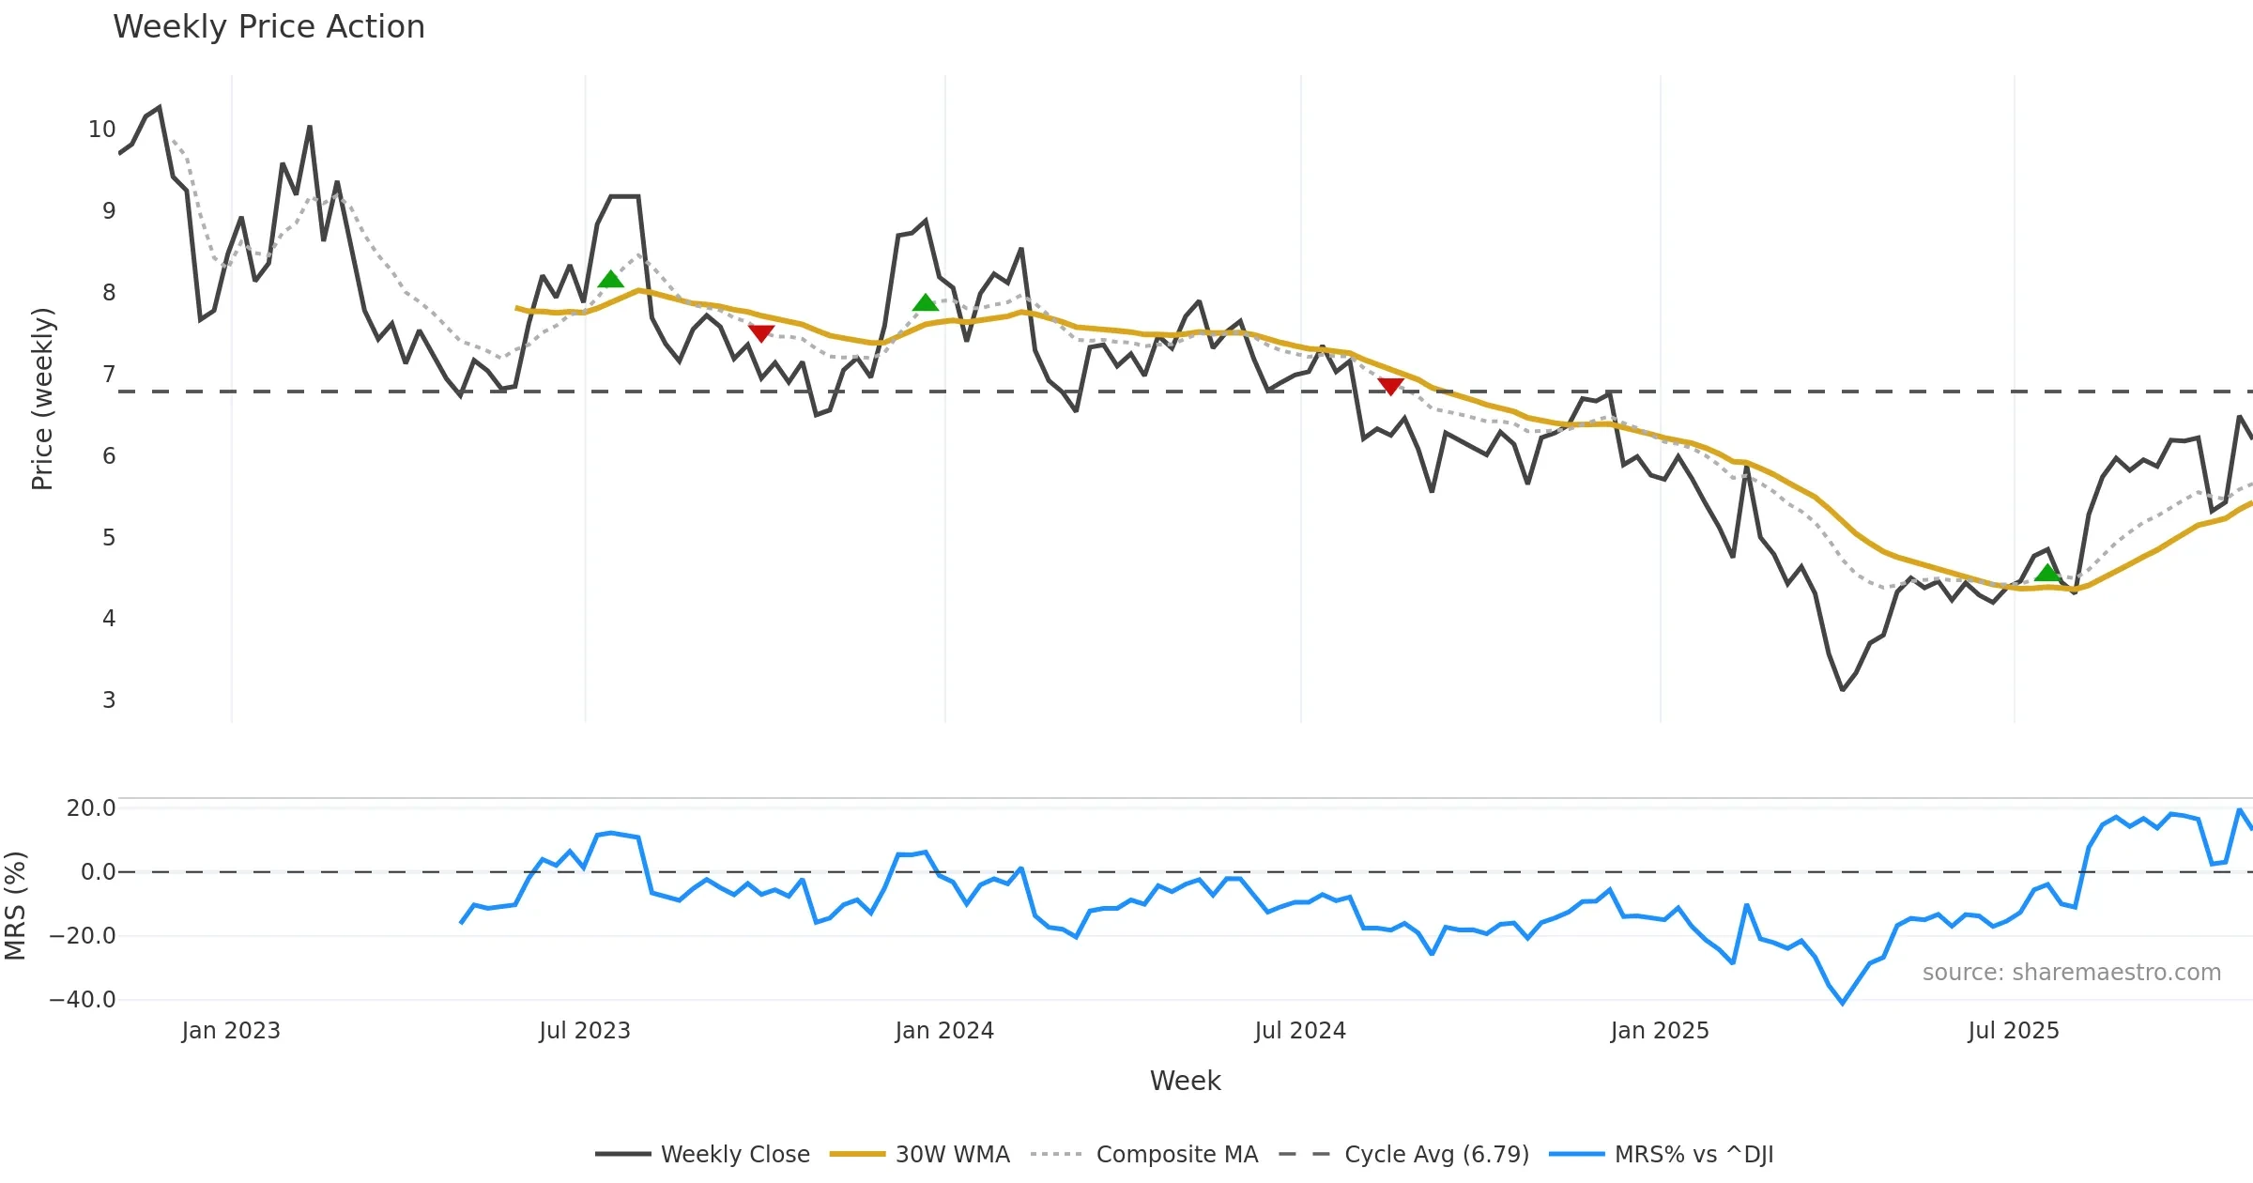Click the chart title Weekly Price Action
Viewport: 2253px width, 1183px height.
268,27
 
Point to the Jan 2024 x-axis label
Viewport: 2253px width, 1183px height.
944,1031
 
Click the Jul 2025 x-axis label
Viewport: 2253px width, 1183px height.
2014,1031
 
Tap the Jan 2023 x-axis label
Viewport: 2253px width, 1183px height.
231,1031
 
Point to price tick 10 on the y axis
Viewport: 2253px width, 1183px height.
101,130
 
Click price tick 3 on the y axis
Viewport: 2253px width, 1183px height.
109,700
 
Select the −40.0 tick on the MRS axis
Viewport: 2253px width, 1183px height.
83,1000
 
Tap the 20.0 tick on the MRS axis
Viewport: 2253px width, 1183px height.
91,808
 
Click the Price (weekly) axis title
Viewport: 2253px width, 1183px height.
42,399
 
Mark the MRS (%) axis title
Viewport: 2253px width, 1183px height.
16,906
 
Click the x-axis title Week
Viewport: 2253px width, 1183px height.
1185,1082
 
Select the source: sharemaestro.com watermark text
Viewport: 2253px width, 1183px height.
2071,973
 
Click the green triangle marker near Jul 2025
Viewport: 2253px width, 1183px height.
2047,573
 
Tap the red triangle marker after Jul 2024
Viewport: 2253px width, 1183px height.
1390,386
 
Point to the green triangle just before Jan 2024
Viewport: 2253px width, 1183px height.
926,302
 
